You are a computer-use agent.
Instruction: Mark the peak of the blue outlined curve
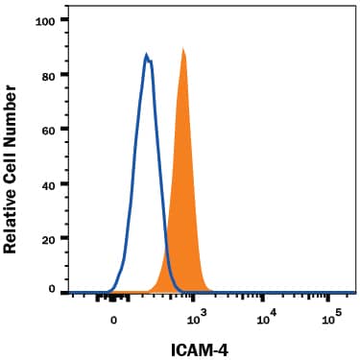[x=147, y=55]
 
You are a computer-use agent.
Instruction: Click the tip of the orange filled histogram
[x=182, y=49]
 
